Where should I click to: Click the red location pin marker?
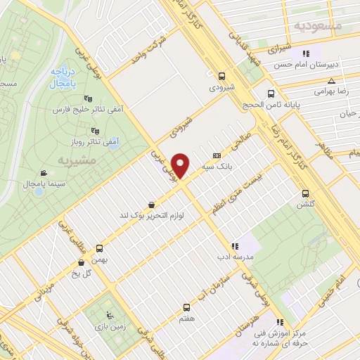181,166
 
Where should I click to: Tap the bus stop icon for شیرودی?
222,76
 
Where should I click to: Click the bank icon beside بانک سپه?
216,155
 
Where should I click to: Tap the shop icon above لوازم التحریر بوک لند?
152,205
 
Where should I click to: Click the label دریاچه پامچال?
63,77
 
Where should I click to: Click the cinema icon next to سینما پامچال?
44,173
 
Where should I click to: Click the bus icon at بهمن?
99,248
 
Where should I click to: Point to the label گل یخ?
82,274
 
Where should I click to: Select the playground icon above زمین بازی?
108,313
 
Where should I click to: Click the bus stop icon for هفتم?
186,307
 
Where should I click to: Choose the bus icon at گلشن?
304,193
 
